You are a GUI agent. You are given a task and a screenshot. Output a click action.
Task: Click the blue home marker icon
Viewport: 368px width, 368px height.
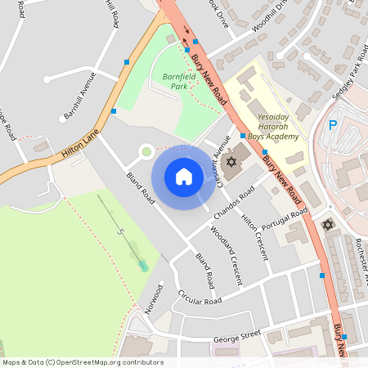coord(184,177)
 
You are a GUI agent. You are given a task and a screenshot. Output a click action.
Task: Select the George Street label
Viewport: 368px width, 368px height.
coord(236,336)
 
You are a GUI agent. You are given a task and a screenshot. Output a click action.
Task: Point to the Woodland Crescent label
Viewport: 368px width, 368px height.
coord(226,254)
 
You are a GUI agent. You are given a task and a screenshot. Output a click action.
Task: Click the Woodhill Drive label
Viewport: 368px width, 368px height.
coord(271,15)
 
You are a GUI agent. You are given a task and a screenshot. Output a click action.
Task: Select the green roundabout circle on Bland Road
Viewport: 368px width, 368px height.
coord(146,150)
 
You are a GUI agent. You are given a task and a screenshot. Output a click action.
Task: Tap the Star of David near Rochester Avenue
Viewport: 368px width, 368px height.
coord(329,224)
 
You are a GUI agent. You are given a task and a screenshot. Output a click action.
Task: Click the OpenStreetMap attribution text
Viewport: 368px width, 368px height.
coord(82,362)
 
